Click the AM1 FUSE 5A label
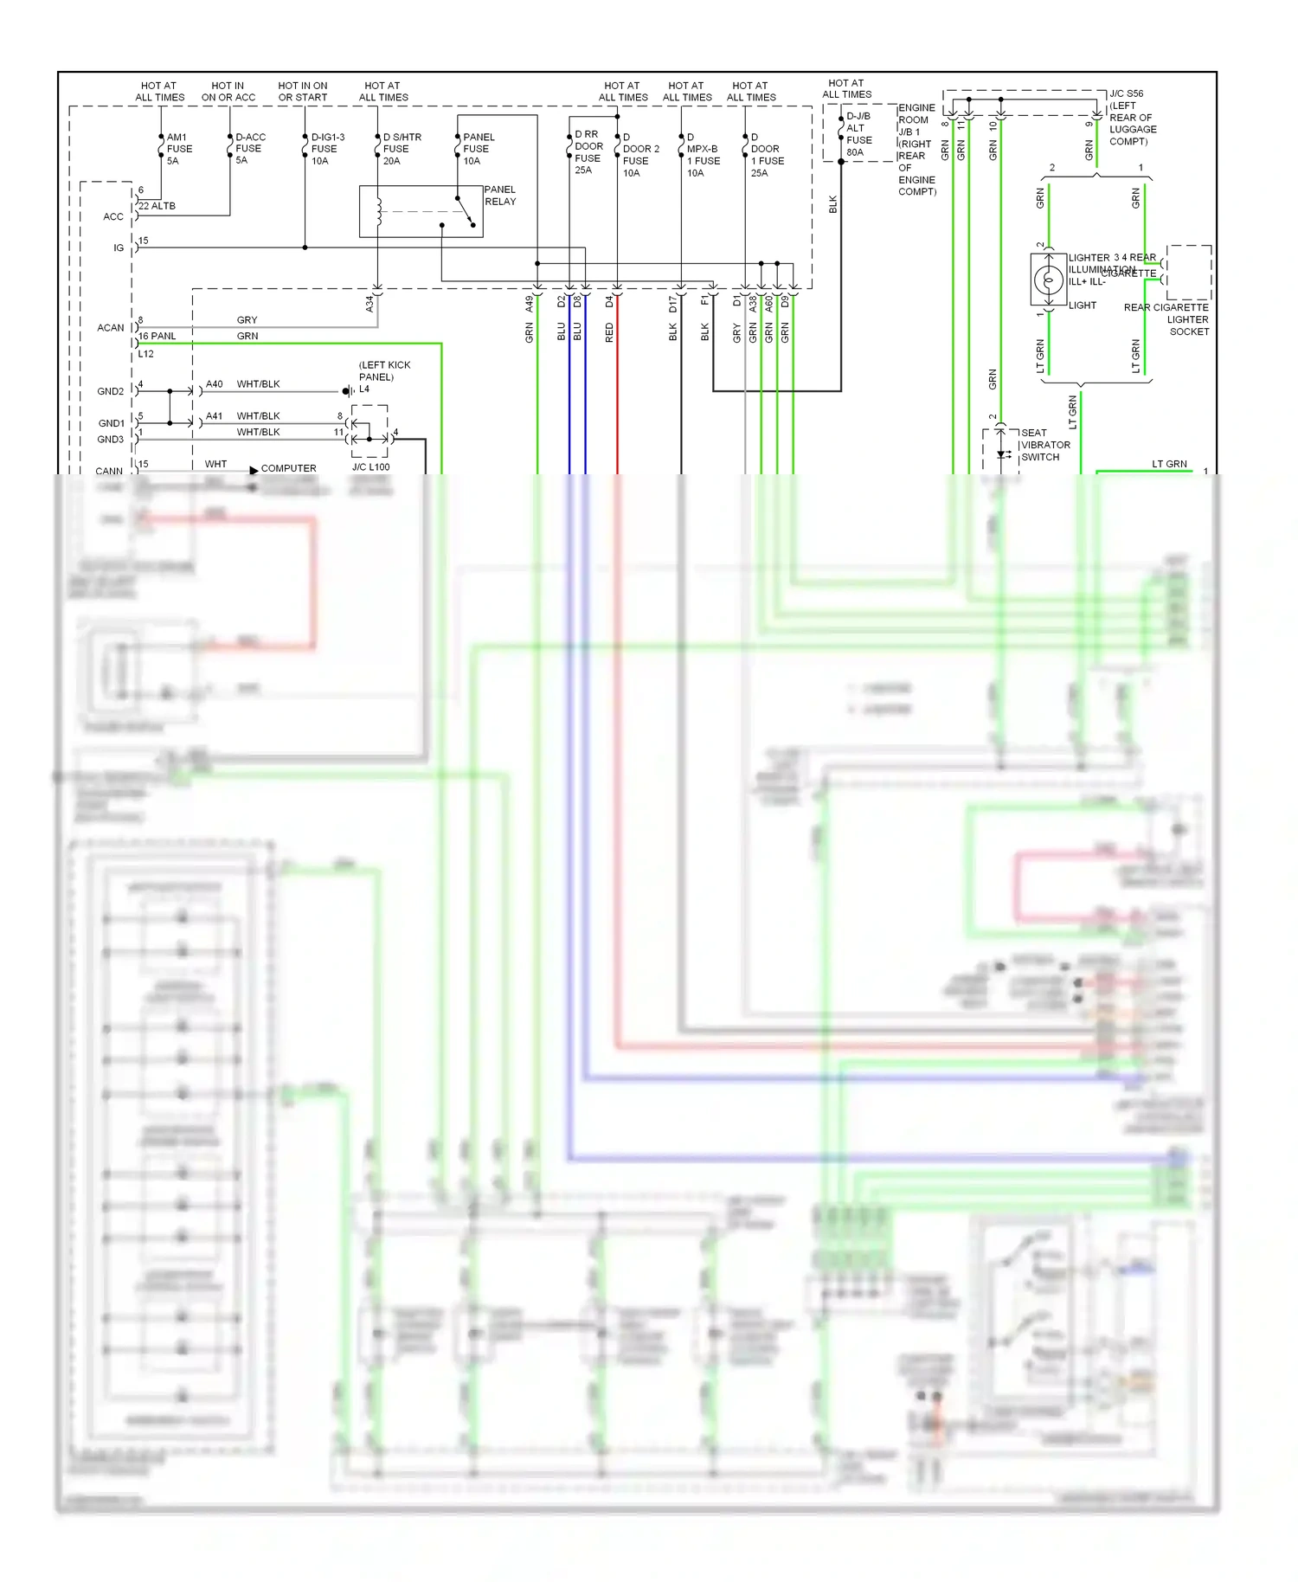178,149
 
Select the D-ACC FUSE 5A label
249,149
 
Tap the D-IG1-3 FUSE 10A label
326,149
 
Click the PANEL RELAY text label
499,196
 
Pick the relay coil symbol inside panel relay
378,211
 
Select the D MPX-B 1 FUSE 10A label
702,155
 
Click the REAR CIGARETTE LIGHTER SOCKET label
1167,319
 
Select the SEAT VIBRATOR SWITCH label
1044,445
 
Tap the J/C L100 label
370,467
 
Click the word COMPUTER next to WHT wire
288,468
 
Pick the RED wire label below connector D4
609,332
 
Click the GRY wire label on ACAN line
247,320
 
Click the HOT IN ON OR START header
302,92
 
